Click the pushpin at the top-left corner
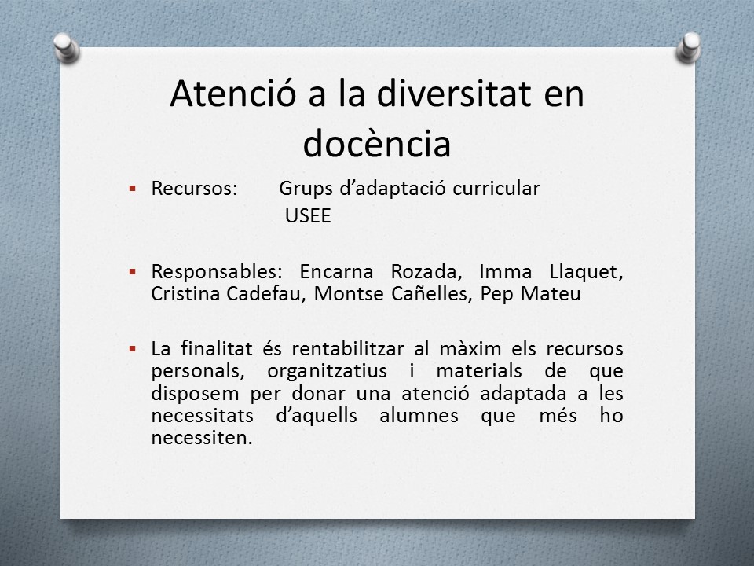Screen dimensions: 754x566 (66, 47)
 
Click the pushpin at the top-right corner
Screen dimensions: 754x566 (689, 47)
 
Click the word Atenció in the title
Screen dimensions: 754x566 (232, 94)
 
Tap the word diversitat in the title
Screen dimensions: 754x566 (453, 94)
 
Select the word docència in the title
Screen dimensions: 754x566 (377, 143)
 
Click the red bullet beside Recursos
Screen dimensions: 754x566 (133, 188)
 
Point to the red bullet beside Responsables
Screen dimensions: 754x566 (133, 272)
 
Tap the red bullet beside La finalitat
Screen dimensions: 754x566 (133, 348)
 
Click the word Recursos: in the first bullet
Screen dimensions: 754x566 (194, 188)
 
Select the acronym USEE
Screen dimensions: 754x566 (308, 215)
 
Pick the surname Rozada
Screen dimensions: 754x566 (426, 272)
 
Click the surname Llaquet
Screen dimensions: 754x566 (586, 272)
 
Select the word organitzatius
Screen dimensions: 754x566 (327, 371)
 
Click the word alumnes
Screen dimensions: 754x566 (419, 415)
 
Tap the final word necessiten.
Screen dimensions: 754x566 (202, 438)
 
